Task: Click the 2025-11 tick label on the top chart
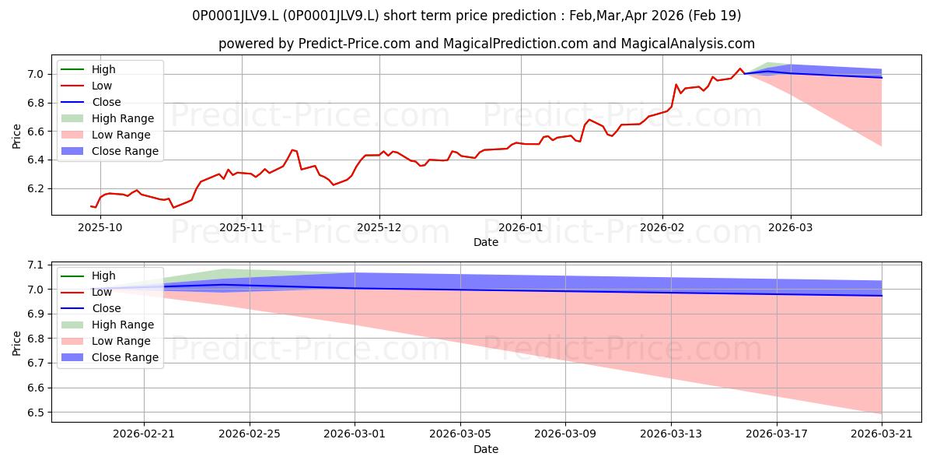click(242, 227)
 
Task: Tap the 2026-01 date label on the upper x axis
click(521, 227)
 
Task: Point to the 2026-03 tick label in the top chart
click(790, 227)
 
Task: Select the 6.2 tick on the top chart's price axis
click(36, 188)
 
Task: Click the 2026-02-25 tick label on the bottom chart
click(250, 434)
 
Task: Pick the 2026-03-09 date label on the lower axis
click(565, 434)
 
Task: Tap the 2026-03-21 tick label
click(882, 434)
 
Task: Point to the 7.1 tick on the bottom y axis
click(36, 265)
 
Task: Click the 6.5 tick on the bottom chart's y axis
click(36, 413)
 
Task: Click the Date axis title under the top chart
click(486, 242)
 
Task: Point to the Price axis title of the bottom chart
click(16, 343)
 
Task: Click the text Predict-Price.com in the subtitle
click(355, 44)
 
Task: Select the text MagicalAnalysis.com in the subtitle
click(687, 44)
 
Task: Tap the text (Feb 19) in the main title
click(715, 16)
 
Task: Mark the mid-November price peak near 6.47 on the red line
click(292, 149)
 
